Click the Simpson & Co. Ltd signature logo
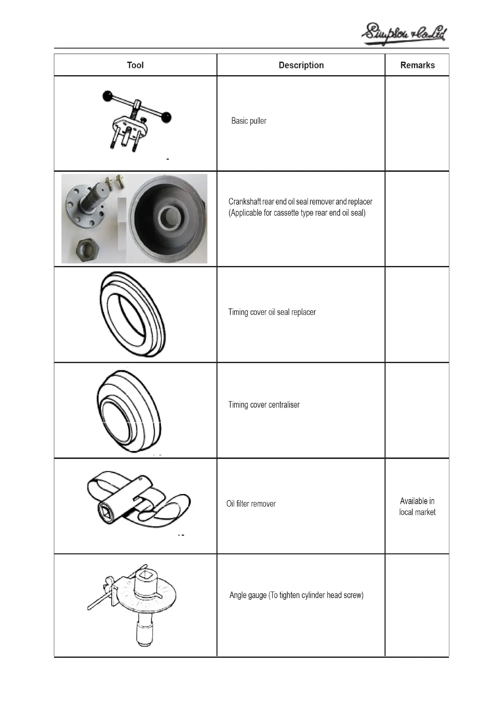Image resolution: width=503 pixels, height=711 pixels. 404,34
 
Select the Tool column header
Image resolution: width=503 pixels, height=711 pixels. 135,65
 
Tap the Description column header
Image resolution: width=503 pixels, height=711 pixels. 301,65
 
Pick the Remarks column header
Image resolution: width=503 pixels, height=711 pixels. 417,65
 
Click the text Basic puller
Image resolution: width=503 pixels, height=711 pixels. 249,121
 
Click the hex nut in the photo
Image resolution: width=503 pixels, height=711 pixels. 87,250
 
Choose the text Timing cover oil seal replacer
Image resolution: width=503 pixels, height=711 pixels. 272,312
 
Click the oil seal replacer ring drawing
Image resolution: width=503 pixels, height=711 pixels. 132,315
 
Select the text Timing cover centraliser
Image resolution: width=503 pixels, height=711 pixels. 264,404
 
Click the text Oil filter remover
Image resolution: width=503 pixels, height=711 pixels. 251,504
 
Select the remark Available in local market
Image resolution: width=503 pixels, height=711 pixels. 417,507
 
